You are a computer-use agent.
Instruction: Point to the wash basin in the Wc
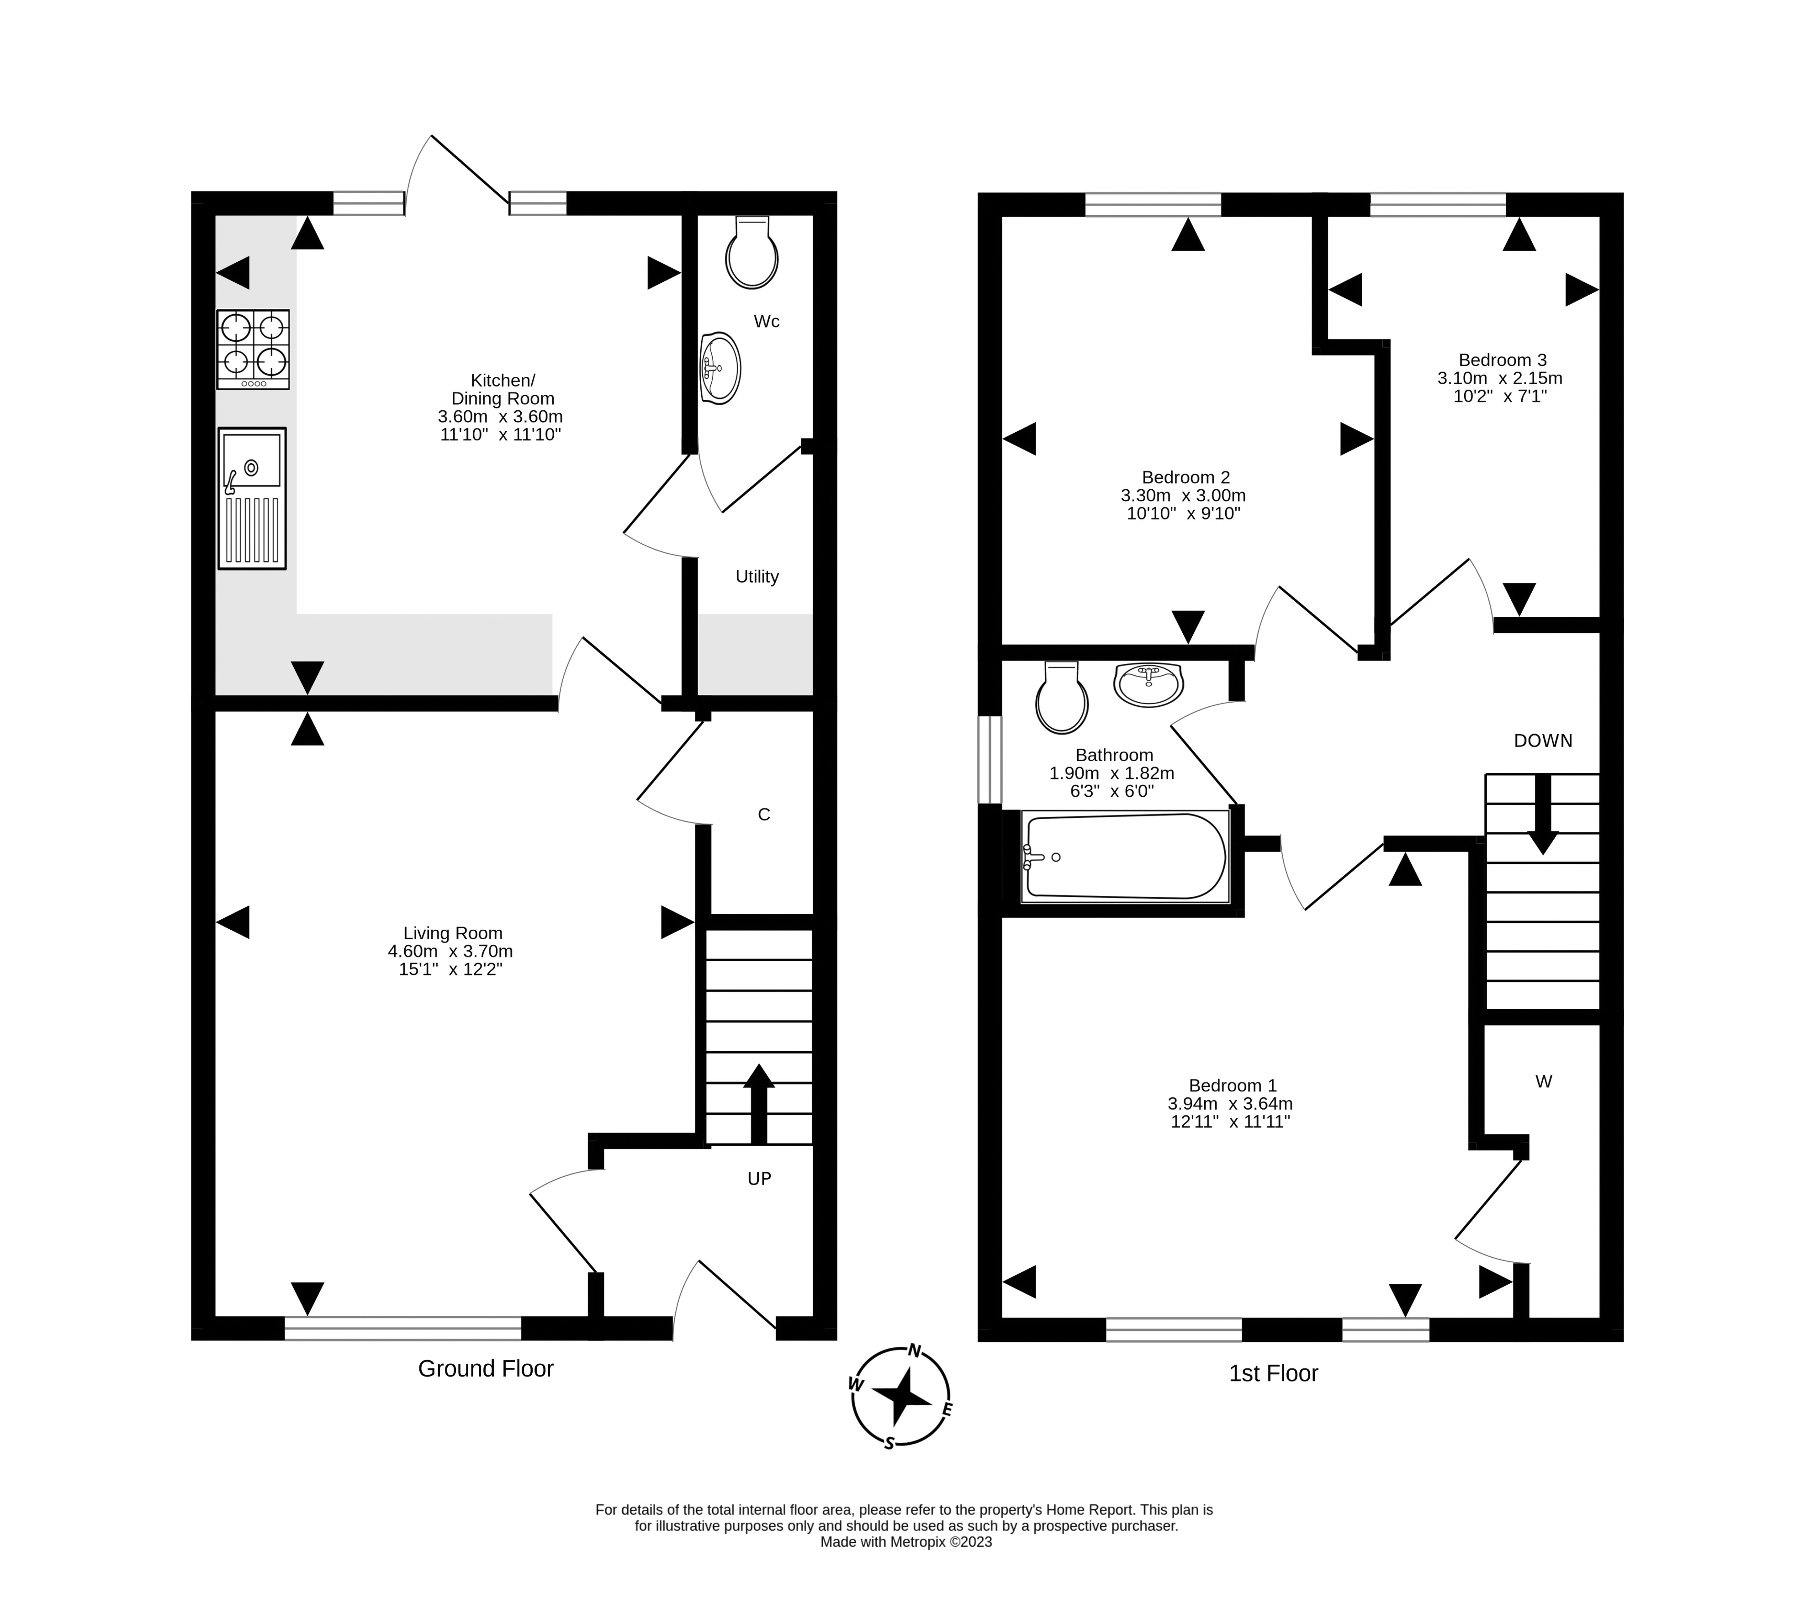pyautogui.click(x=720, y=368)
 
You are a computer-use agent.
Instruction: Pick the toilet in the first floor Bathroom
pyautogui.click(x=1062, y=697)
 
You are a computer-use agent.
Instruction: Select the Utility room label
pyautogui.click(x=757, y=577)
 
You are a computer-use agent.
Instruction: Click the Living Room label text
pyautogui.click(x=453, y=933)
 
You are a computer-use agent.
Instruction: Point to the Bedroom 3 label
pyautogui.click(x=1503, y=360)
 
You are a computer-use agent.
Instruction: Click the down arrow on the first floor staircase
pyautogui.click(x=1543, y=814)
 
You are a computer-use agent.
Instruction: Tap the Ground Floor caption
pyautogui.click(x=486, y=1369)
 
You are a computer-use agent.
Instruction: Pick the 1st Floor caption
pyautogui.click(x=1273, y=1373)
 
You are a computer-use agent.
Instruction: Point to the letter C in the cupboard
pyautogui.click(x=764, y=814)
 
